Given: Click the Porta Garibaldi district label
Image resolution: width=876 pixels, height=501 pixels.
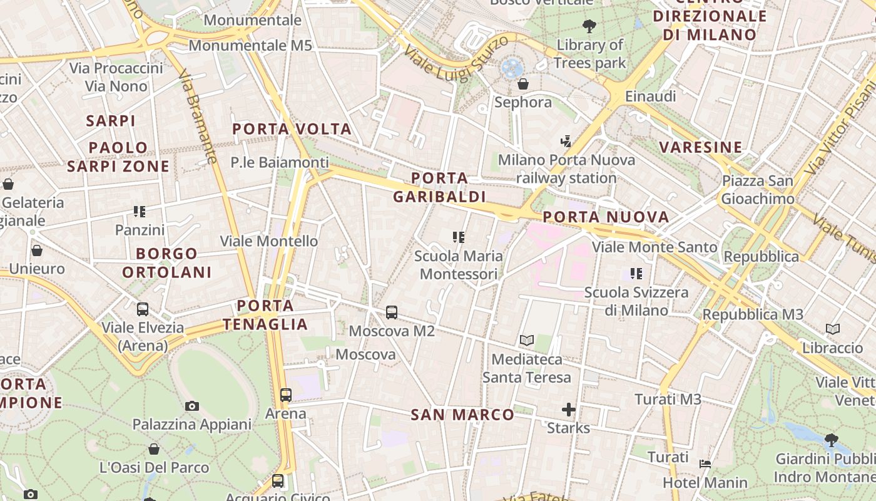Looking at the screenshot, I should (439, 187).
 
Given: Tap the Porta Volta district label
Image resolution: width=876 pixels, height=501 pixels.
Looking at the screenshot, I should (292, 129).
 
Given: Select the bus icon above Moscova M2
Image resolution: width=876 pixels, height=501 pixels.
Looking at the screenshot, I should (392, 312).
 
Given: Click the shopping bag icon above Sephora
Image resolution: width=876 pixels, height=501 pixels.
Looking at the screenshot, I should (523, 84).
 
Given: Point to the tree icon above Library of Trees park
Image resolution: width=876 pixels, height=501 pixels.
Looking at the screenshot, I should (589, 26).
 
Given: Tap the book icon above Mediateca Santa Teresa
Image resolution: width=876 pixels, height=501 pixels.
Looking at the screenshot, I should (527, 341).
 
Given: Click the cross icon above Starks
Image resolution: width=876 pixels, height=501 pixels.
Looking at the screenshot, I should (568, 410).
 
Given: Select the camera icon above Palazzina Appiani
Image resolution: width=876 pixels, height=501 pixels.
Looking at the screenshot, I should (192, 406).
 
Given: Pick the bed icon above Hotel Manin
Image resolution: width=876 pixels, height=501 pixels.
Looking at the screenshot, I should (705, 464).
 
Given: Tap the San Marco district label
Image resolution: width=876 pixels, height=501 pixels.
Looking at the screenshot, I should (462, 415).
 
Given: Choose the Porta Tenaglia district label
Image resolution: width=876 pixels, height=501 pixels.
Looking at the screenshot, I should (265, 315).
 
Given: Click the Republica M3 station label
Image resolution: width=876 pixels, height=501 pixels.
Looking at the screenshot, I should (753, 314).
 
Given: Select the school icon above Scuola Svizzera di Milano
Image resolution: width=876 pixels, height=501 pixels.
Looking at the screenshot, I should (636, 274).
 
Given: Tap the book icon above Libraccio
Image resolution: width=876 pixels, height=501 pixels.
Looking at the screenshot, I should (832, 329).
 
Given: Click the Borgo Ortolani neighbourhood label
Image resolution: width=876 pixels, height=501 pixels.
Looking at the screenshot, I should (166, 263).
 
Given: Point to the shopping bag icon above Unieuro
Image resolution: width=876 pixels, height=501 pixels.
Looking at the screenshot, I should (37, 251).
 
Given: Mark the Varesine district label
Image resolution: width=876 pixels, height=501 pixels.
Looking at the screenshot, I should (701, 148).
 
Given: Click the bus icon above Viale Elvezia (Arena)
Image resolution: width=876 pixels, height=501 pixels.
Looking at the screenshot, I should (143, 309).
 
